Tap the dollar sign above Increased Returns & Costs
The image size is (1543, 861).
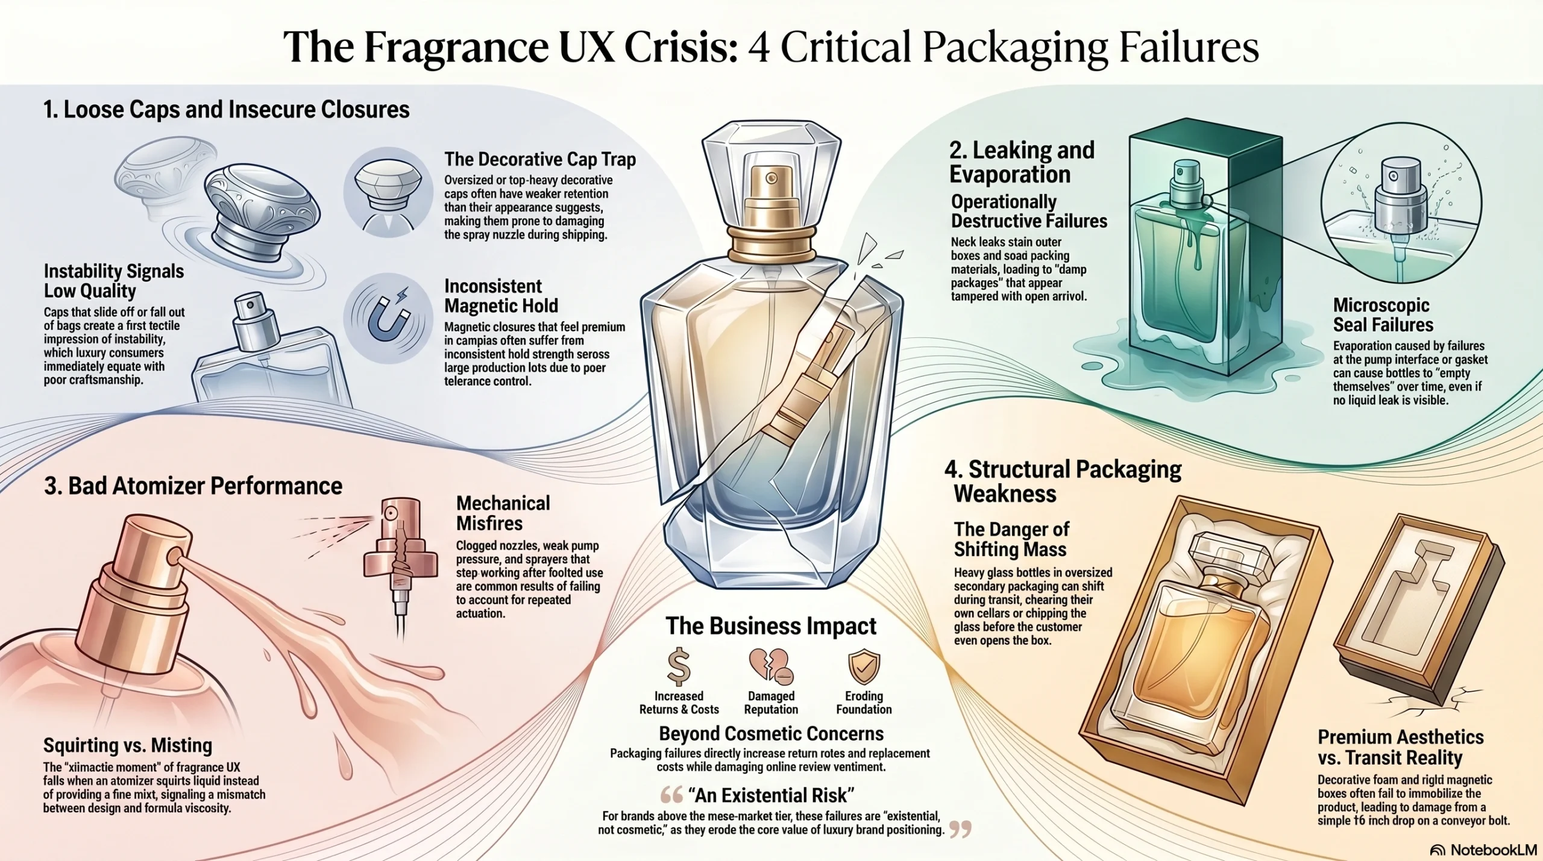pos(679,666)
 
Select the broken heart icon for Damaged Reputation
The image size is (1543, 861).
pos(771,666)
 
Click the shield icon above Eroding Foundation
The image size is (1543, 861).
pos(864,666)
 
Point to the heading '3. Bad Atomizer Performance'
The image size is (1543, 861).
pos(193,486)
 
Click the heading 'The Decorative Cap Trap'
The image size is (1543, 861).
pos(540,159)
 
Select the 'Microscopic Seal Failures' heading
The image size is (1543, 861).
pos(1383,315)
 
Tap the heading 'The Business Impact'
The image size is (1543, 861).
pos(771,626)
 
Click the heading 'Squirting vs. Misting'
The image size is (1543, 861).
pos(128,745)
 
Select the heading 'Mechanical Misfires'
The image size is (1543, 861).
pos(503,513)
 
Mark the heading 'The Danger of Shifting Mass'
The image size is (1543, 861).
pos(1011,539)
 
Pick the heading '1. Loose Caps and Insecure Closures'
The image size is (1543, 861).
pos(227,110)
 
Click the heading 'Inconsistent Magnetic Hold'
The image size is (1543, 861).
pos(501,296)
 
